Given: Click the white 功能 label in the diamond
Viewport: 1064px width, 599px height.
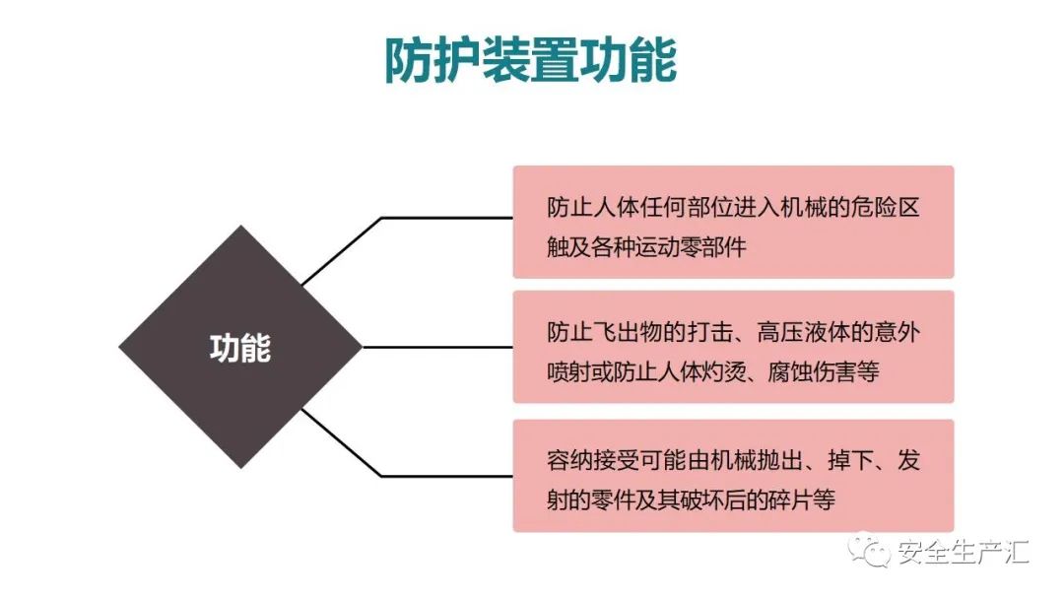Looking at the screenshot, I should coord(240,348).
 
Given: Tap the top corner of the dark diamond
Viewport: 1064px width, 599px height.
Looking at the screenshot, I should coord(240,229).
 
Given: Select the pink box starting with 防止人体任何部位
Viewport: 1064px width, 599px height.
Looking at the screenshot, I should coord(733,222).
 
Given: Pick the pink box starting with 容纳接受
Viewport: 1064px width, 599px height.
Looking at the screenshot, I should coord(733,475).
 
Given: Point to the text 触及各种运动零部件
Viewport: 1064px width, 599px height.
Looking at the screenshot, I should coord(647,247).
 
